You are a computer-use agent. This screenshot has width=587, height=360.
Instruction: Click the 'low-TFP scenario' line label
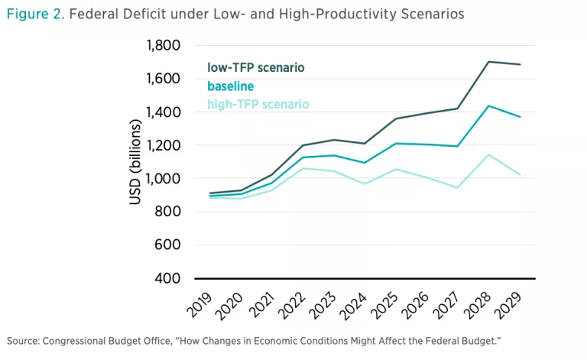pyautogui.click(x=255, y=68)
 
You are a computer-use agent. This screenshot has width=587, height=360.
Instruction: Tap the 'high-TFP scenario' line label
pyautogui.click(x=258, y=104)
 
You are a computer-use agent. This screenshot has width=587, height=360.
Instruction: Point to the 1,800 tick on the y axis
pyautogui.click(x=162, y=45)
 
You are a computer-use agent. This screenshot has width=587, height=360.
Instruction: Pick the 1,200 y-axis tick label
pyautogui.click(x=162, y=145)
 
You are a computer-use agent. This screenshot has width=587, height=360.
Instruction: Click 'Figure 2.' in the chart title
pyautogui.click(x=35, y=14)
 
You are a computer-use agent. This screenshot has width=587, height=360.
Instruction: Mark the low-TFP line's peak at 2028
pyautogui.click(x=488, y=62)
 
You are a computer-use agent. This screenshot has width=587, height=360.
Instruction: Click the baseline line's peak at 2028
pyautogui.click(x=488, y=106)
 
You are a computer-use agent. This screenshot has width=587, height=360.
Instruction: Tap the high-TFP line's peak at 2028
pyautogui.click(x=488, y=154)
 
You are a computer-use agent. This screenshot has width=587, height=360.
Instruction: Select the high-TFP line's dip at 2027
pyautogui.click(x=456, y=187)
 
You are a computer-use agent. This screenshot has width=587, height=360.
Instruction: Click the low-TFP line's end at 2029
pyautogui.click(x=521, y=65)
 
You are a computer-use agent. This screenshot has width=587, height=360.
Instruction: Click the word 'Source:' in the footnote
pyautogui.click(x=23, y=339)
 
